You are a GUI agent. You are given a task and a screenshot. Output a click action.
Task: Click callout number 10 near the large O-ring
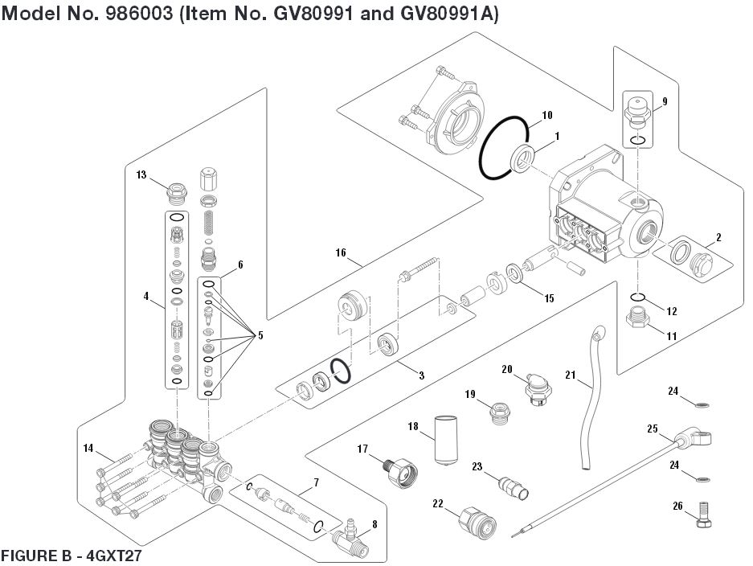coord(546,115)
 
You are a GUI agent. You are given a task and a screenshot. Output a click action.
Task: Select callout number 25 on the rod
coord(652,429)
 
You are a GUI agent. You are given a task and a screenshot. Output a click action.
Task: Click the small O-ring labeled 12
coord(636,299)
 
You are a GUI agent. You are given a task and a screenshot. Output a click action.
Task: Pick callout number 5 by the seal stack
coord(260,334)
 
